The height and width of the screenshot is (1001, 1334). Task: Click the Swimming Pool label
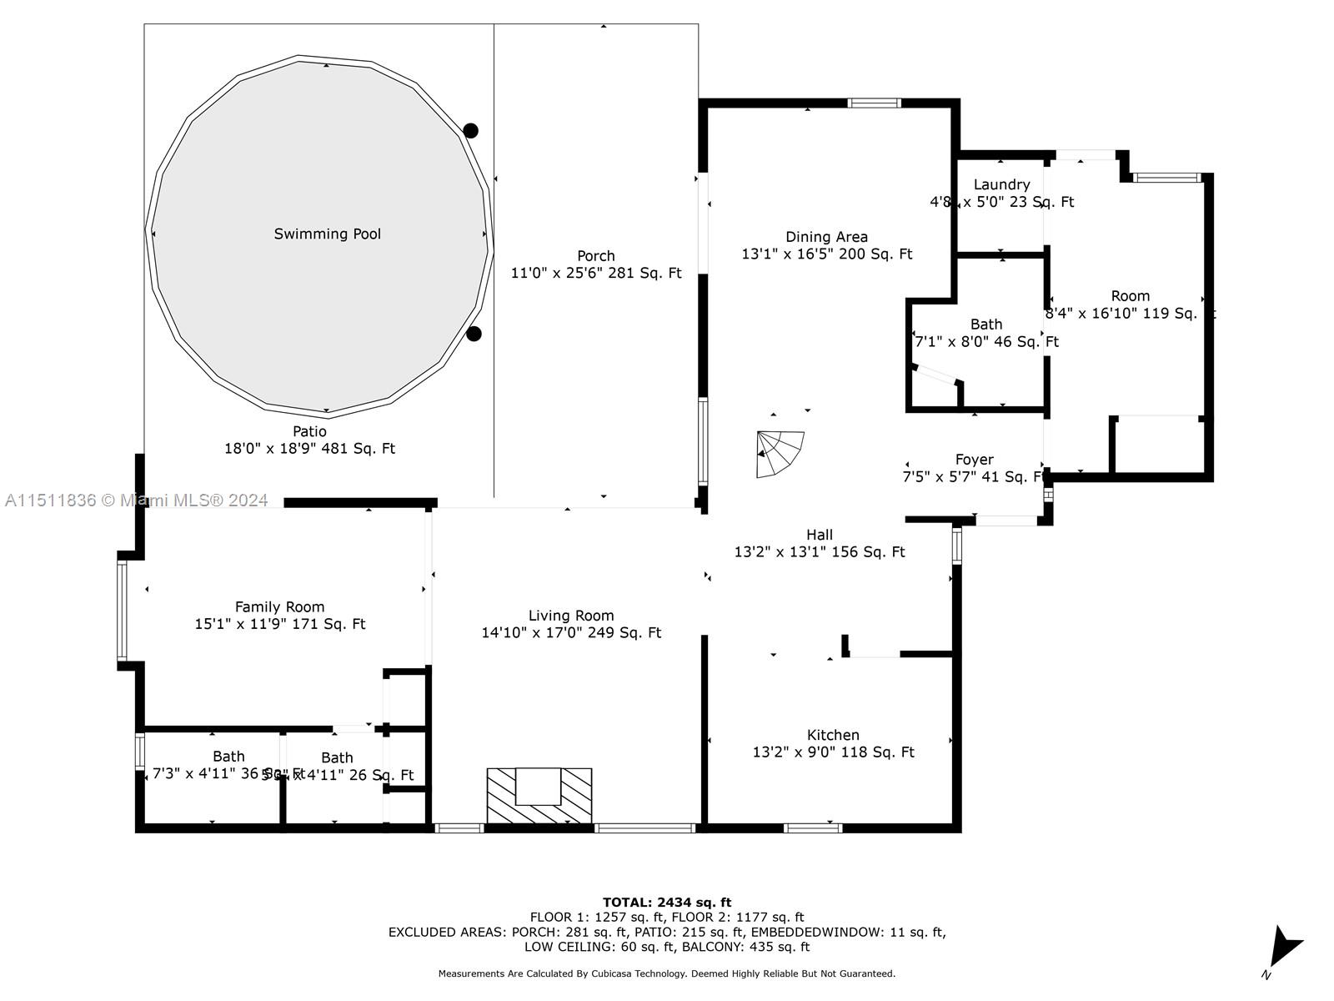tap(327, 234)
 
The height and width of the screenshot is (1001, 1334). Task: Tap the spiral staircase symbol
tap(779, 454)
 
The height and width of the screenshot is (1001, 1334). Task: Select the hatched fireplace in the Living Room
tap(539, 797)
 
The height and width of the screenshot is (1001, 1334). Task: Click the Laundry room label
tap(1001, 184)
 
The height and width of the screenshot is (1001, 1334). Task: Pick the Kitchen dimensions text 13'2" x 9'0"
tap(833, 752)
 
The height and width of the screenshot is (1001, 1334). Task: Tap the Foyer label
tap(974, 460)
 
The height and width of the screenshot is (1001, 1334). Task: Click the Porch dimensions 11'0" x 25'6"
tap(595, 274)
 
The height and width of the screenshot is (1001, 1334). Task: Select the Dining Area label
tap(826, 237)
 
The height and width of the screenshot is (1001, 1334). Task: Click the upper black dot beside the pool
tap(470, 130)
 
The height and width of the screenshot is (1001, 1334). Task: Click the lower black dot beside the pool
tap(474, 334)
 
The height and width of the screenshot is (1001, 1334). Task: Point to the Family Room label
tap(279, 607)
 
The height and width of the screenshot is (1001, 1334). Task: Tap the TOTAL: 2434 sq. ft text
tap(666, 902)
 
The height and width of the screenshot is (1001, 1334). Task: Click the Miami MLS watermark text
tap(137, 500)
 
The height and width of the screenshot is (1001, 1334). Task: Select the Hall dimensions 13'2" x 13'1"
tap(819, 552)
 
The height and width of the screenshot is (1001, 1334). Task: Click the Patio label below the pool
tap(309, 431)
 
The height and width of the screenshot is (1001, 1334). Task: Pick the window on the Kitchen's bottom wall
tap(812, 828)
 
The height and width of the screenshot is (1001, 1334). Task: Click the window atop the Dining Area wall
tap(874, 103)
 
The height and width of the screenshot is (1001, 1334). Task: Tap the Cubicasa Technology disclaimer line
tap(666, 973)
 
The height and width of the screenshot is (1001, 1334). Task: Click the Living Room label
tap(571, 616)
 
